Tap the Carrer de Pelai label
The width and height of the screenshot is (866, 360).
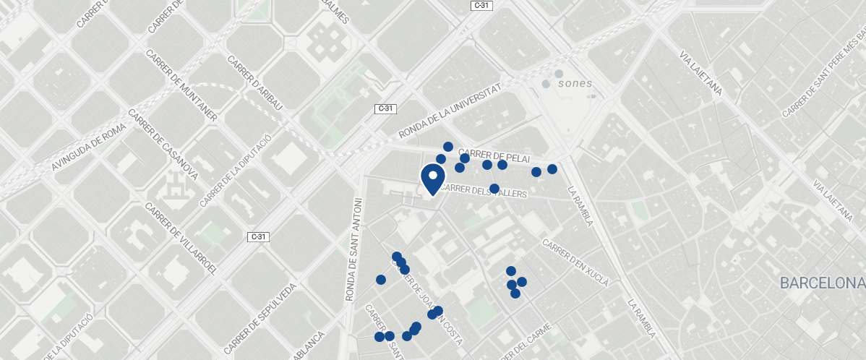[494, 155]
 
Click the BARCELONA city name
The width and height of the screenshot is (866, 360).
[822, 283]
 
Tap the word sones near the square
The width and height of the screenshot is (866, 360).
[575, 84]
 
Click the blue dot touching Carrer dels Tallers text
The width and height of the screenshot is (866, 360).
[494, 189]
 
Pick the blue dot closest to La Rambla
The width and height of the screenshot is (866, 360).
[552, 169]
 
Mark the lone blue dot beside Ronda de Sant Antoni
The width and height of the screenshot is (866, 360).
[381, 280]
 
